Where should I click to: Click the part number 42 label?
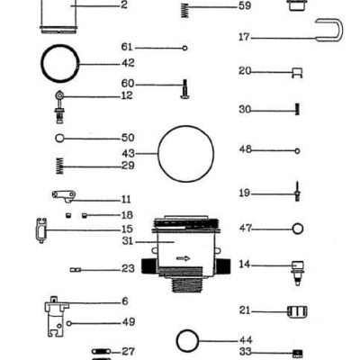[128, 63]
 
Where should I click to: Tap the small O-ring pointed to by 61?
[185, 48]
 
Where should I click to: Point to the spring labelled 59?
[185, 11]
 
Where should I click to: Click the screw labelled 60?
[184, 89]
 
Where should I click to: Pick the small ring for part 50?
[59, 139]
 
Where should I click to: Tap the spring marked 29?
[60, 166]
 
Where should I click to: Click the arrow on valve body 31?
[183, 258]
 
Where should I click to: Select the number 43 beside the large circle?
[128, 154]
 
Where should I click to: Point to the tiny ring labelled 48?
[297, 151]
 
